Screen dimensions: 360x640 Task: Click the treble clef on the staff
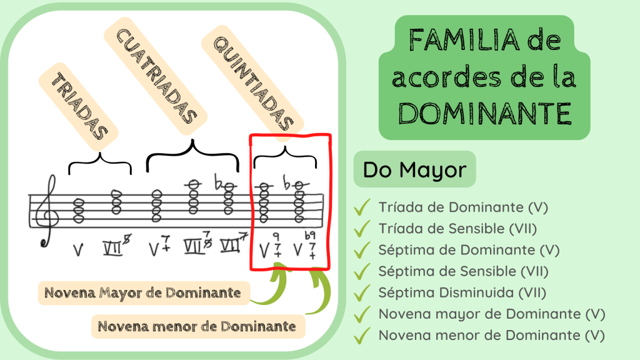click(49, 210)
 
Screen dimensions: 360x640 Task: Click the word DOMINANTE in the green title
click(484, 114)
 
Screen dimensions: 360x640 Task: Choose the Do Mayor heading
click(414, 169)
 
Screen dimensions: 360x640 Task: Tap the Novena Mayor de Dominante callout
click(143, 292)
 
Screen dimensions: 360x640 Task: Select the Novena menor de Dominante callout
click(198, 326)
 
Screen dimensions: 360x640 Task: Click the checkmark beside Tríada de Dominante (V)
click(362, 207)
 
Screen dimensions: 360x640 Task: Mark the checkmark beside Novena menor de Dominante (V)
click(362, 336)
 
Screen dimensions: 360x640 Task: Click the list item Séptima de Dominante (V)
click(469, 250)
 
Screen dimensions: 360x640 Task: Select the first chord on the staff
click(79, 211)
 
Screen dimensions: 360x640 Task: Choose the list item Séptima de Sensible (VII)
click(463, 271)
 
